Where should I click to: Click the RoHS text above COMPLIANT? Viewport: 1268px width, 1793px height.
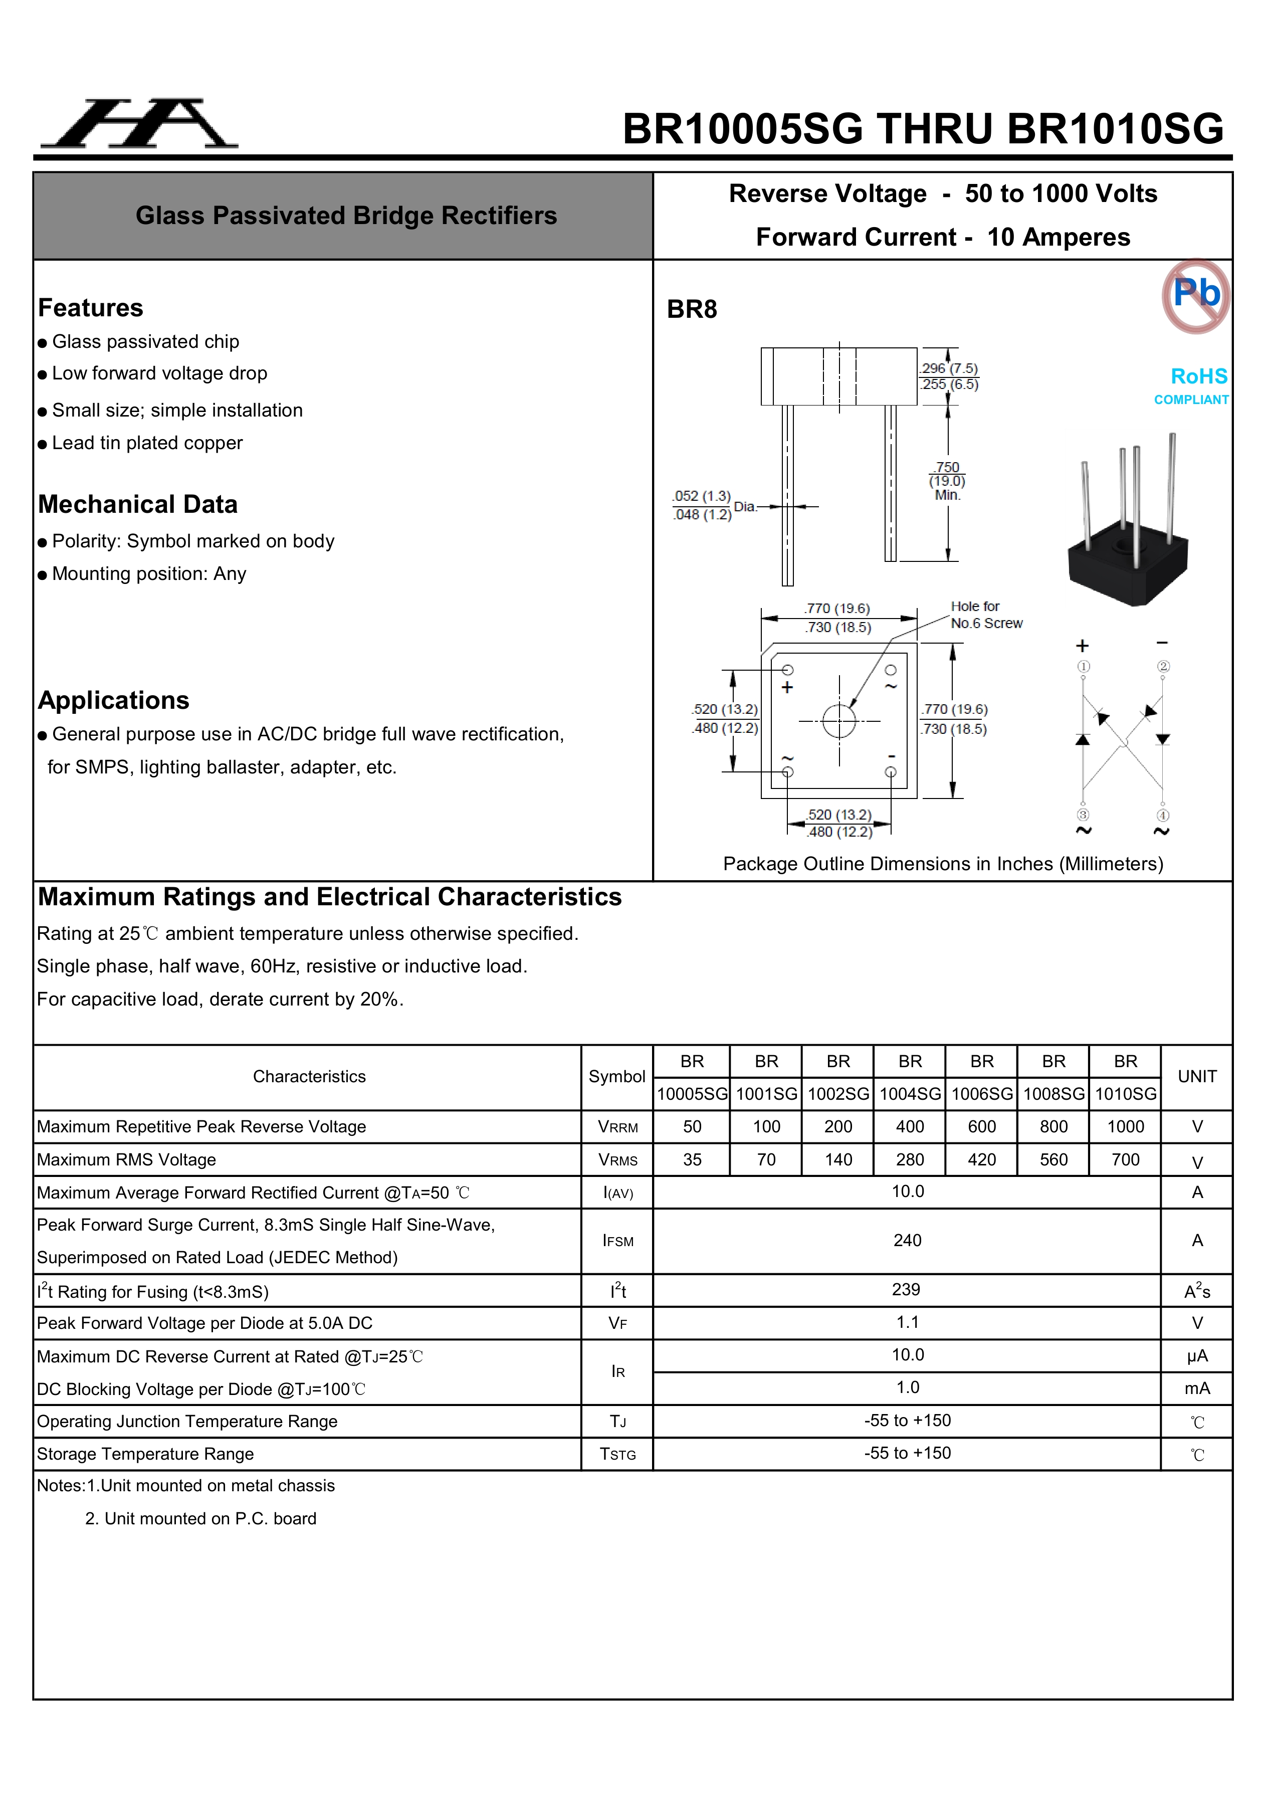coord(1198,376)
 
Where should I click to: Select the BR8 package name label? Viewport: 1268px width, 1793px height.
coord(692,310)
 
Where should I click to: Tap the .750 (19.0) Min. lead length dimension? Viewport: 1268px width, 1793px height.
coord(947,480)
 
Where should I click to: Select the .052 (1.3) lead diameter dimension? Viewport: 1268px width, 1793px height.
coord(701,497)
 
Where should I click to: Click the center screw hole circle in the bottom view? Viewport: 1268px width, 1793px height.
coord(839,721)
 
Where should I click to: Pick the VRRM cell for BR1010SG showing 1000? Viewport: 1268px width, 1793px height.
coord(1125,1127)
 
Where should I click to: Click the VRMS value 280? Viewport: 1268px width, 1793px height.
coord(910,1160)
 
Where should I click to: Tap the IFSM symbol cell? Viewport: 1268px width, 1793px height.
coord(617,1241)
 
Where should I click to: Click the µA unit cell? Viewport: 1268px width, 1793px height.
coord(1196,1356)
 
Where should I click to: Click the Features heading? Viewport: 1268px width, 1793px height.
coord(91,308)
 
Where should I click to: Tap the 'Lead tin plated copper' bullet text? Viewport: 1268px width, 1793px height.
coord(147,443)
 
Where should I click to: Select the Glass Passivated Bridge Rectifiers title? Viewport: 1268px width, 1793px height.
coord(346,216)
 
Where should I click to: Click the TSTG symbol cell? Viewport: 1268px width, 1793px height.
coord(617,1454)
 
